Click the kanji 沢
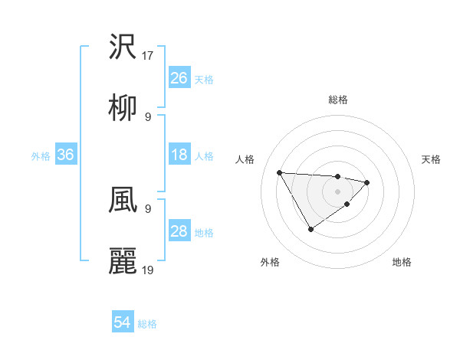point(123,47)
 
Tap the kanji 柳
point(123,109)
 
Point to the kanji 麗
point(123,261)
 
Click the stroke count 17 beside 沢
point(149,56)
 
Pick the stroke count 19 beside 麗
point(149,270)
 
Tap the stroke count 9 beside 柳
point(148,117)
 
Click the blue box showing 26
point(179,77)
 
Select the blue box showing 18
point(179,155)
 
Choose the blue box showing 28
point(179,231)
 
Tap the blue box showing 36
point(66,155)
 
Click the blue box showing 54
point(123,323)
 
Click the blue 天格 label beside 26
point(203,79)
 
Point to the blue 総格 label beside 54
point(147,324)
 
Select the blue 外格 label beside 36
point(41,155)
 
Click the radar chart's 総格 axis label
point(338,100)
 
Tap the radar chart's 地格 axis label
point(402,262)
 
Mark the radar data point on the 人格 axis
point(279,172)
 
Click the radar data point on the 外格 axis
point(310,229)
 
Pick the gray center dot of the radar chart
point(338,191)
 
